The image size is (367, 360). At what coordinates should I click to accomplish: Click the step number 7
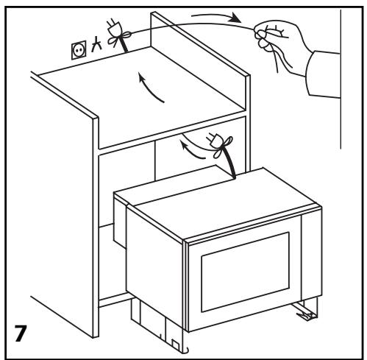tap(21, 333)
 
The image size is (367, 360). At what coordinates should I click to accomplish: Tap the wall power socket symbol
tap(79, 50)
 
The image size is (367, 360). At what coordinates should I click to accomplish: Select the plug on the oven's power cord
tap(213, 140)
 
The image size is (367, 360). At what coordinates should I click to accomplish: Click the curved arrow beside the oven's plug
tap(191, 149)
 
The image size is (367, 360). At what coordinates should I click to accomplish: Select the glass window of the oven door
tap(245, 272)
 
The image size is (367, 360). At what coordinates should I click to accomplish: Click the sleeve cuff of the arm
tap(323, 74)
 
